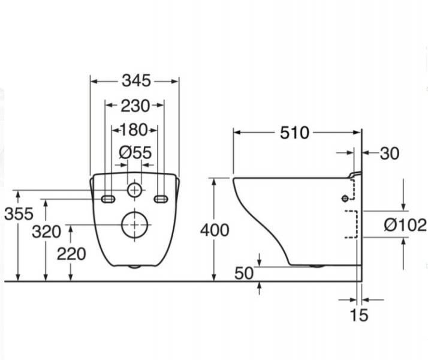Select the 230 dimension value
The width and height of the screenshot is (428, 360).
point(135,106)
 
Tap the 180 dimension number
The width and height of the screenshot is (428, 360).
point(134,130)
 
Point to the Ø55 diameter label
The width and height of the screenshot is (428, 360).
point(135,152)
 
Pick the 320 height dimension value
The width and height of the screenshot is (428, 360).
point(46,232)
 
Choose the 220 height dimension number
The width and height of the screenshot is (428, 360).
point(71,254)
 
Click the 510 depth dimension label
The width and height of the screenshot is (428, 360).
point(294,133)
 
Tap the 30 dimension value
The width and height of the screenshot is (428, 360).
point(390,154)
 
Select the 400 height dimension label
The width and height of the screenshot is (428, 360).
point(215,230)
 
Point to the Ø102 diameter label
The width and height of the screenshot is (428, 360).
point(405,225)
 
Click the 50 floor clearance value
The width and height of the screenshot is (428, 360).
point(244,274)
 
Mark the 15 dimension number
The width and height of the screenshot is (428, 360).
point(359,314)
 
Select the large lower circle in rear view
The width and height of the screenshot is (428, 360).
point(135,224)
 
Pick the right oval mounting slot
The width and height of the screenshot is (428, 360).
point(161,199)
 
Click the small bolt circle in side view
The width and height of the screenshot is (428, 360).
point(345,199)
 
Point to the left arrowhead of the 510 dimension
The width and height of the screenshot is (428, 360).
point(236,133)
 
